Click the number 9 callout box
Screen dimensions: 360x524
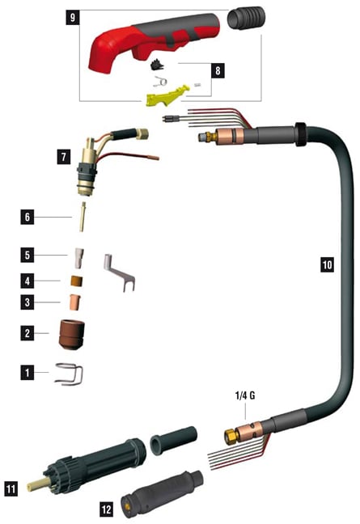pos(73,17)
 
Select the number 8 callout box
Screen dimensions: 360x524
pos(218,70)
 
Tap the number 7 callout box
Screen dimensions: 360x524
pos(64,156)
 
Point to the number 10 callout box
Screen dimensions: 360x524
pos(328,264)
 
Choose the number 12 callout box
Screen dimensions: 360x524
pos(106,509)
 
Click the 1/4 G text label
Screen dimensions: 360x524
pos(245,395)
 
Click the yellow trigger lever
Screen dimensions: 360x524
pos(167,96)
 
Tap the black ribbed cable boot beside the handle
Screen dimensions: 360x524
pos(246,19)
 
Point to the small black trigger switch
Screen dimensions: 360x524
pos(157,65)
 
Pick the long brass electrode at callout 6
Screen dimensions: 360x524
pos(83,217)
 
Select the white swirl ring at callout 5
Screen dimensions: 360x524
pos(78,258)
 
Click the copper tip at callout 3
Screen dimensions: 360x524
pos(75,302)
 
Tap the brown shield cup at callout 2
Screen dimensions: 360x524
pos(71,335)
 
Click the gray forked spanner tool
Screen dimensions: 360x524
pos(118,273)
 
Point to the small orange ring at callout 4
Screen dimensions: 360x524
pos(77,281)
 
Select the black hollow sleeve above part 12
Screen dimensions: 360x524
pos(173,440)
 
